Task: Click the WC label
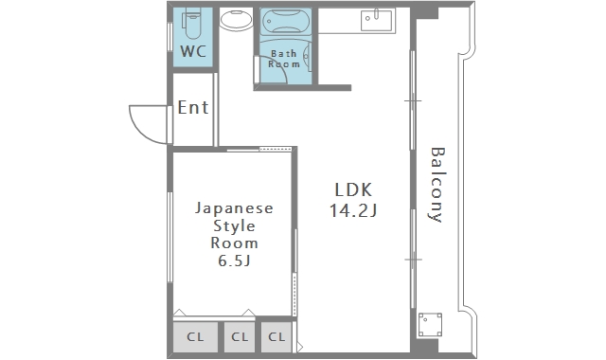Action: (x=193, y=50)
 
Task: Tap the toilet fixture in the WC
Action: (x=193, y=21)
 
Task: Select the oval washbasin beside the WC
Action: (x=235, y=20)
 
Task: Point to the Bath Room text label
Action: (x=285, y=59)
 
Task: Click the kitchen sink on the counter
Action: (x=375, y=19)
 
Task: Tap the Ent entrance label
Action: (x=193, y=108)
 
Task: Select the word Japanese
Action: (x=233, y=207)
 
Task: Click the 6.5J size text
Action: (x=233, y=261)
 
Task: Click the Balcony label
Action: (x=436, y=184)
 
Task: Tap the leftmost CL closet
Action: (x=194, y=336)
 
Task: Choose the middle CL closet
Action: (x=240, y=336)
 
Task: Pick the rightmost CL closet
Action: (x=276, y=336)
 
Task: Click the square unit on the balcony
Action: (x=431, y=324)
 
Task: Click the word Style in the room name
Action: (x=233, y=225)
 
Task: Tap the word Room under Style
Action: (x=233, y=243)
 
